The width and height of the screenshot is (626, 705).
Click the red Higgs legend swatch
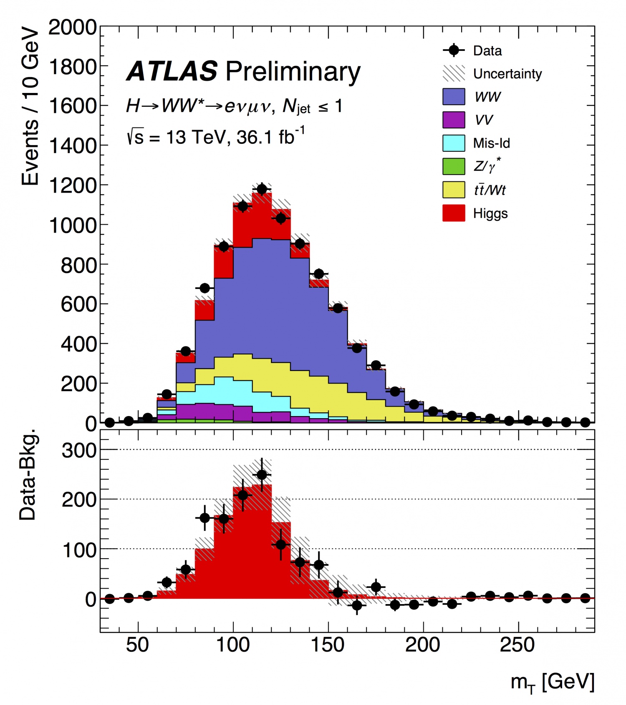(x=454, y=213)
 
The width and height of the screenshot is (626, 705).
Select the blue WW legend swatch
(x=454, y=97)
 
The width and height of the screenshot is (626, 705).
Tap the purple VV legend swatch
(x=454, y=120)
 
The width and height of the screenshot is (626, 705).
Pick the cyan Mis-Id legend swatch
(x=454, y=143)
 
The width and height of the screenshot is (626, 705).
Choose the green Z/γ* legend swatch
(x=454, y=166)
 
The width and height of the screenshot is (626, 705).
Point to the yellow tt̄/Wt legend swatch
(x=454, y=190)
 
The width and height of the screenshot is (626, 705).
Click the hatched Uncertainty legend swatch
(x=454, y=73)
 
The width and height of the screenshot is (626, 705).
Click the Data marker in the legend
(x=454, y=50)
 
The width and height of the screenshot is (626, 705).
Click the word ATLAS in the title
(x=172, y=71)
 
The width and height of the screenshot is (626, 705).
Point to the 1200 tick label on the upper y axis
(x=73, y=186)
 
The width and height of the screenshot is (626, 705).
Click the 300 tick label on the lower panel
(x=79, y=450)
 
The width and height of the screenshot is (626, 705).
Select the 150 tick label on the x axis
(x=328, y=645)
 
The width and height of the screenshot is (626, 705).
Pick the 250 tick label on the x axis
(x=517, y=645)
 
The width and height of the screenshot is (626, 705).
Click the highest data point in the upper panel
(x=262, y=189)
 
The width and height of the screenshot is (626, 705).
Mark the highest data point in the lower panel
(x=262, y=475)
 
